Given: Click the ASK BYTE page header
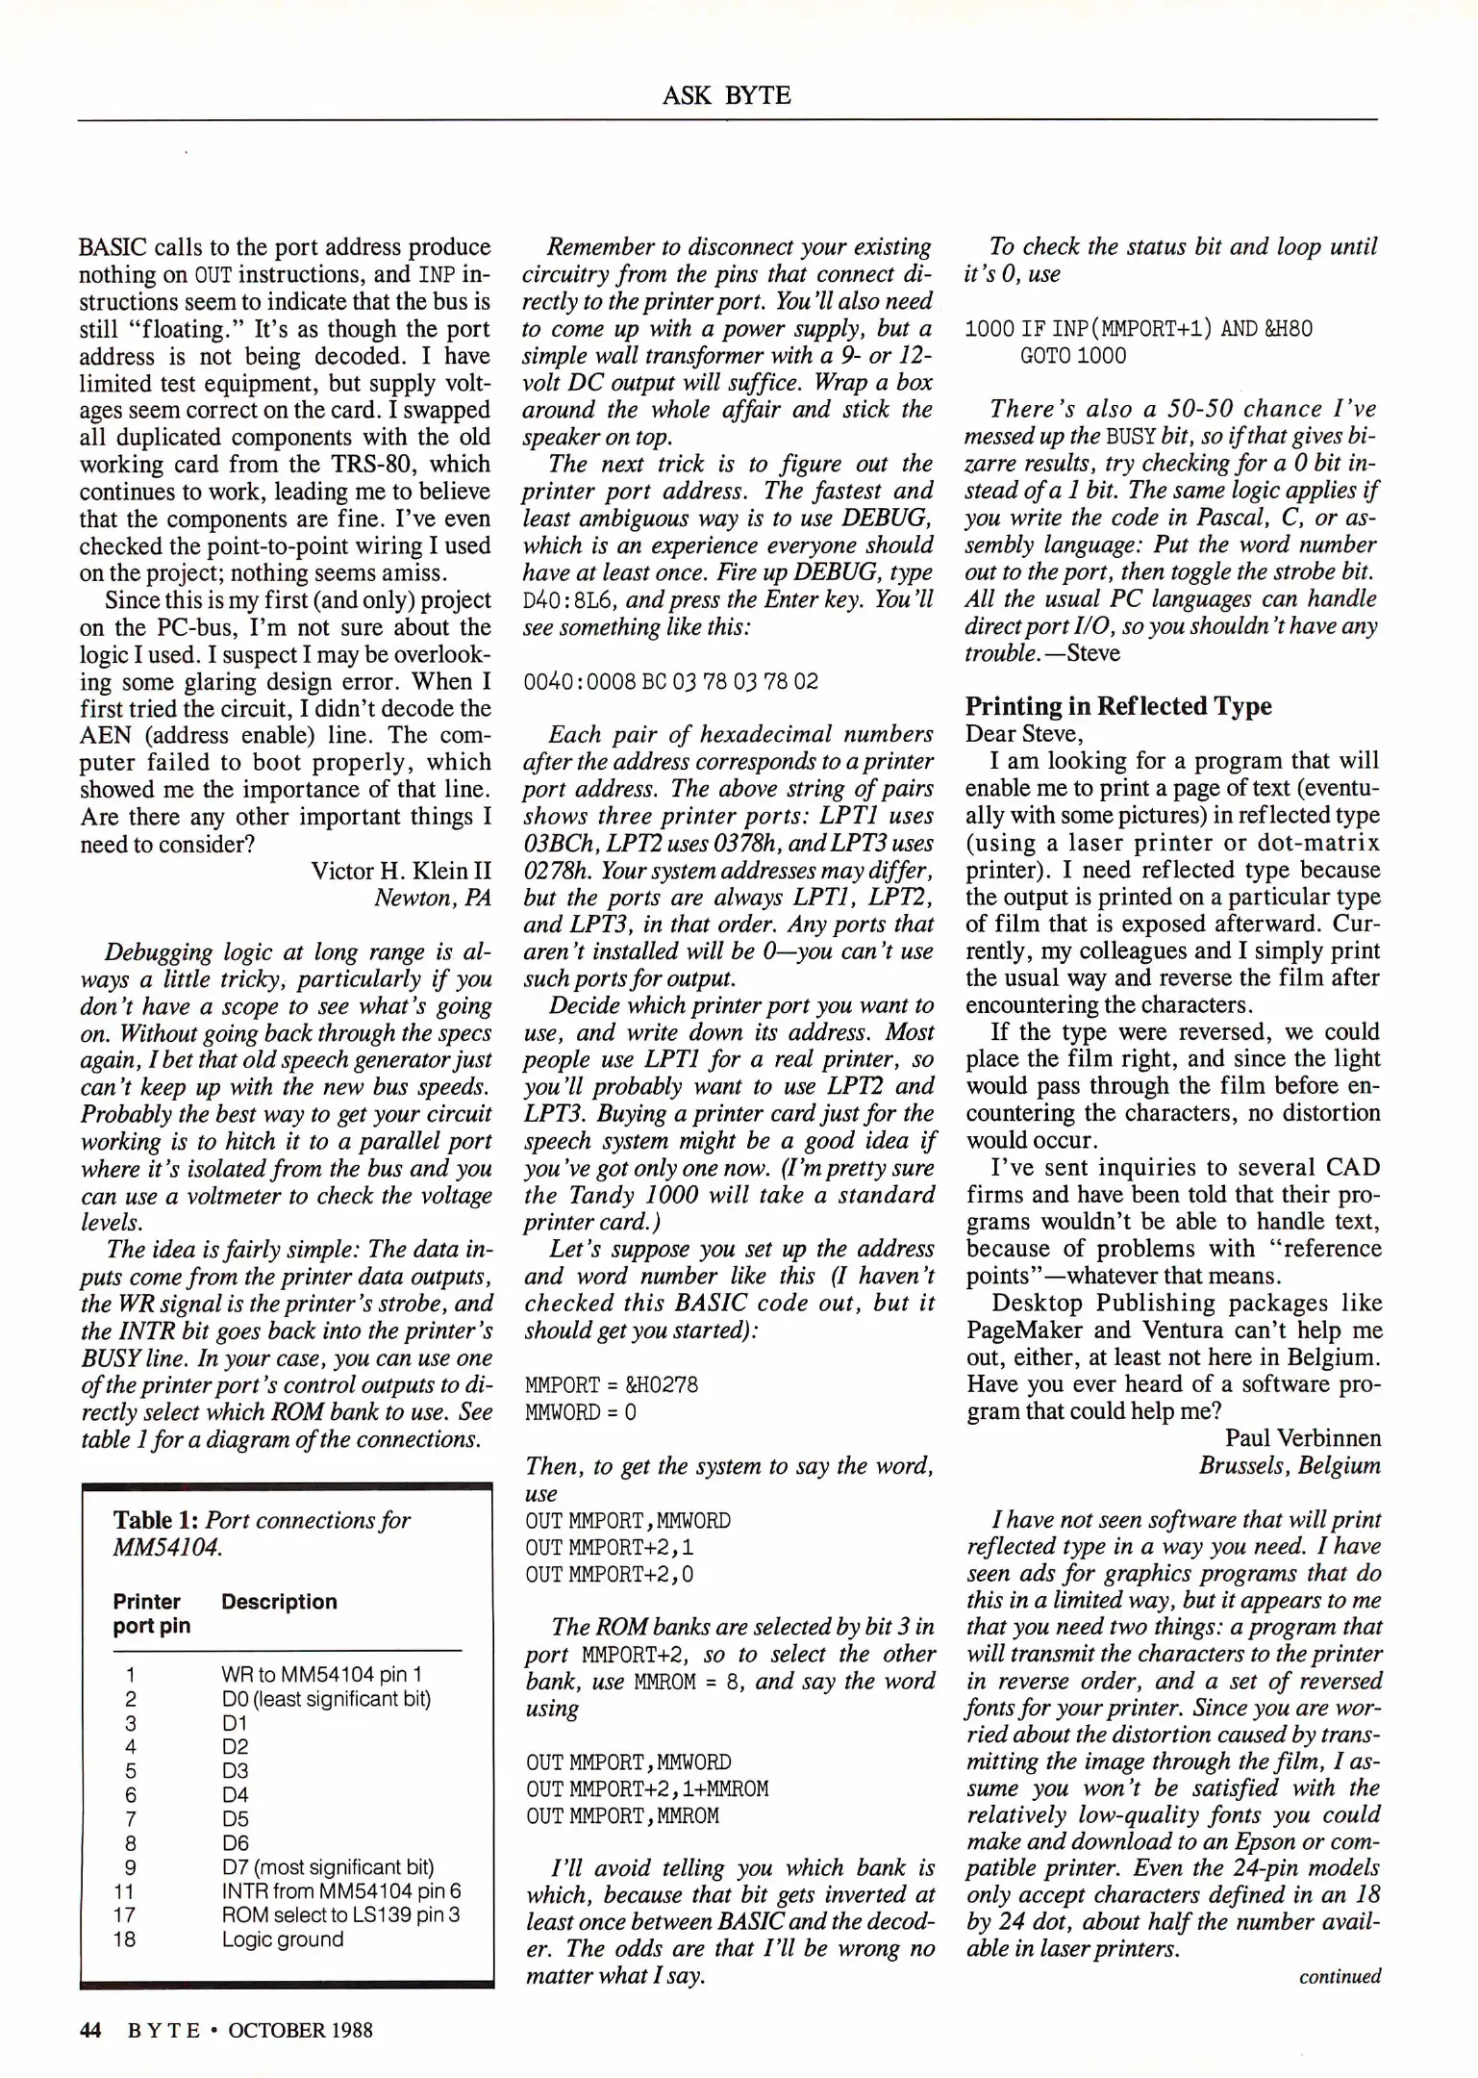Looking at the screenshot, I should tap(726, 95).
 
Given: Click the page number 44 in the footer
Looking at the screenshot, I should tap(90, 2030).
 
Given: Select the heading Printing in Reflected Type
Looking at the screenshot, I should tap(1117, 706).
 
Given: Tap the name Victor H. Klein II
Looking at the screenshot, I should tap(401, 871).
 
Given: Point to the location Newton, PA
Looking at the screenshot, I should tap(432, 898).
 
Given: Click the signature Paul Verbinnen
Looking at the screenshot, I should tap(1302, 1438).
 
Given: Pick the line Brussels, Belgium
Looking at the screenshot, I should tap(1289, 1465).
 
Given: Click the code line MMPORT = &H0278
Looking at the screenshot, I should tap(612, 1384).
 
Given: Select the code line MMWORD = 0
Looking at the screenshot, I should tap(581, 1411).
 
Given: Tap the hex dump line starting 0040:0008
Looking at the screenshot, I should tap(670, 681).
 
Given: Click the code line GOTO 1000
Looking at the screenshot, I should tap(1072, 356).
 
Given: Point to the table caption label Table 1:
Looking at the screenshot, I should tap(156, 1520).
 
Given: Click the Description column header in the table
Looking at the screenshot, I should tap(279, 1602).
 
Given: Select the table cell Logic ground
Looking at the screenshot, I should tap(282, 1939).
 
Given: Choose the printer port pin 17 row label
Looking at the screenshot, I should tap(125, 1914).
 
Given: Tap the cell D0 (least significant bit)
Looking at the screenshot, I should tap(326, 1699).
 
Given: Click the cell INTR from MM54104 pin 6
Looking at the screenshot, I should tap(341, 1890).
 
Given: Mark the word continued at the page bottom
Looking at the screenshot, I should tap(1339, 1977).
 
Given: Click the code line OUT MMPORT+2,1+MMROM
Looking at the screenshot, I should tap(646, 1788).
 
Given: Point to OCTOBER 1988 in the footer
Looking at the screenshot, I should tap(300, 2030).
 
